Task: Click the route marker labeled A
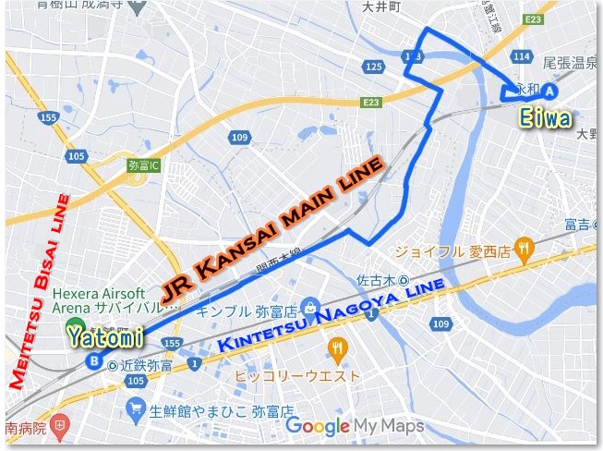tap(549, 91)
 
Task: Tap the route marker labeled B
tap(93, 361)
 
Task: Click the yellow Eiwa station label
tap(546, 119)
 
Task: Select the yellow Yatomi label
tap(104, 337)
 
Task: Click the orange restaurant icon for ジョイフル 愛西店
tap(525, 247)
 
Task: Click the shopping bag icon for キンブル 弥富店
tap(312, 305)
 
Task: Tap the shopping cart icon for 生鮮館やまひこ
tap(137, 408)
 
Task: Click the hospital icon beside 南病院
tap(59, 428)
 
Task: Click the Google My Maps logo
tap(355, 426)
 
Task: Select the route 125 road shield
tap(374, 67)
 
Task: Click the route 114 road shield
tap(524, 57)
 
